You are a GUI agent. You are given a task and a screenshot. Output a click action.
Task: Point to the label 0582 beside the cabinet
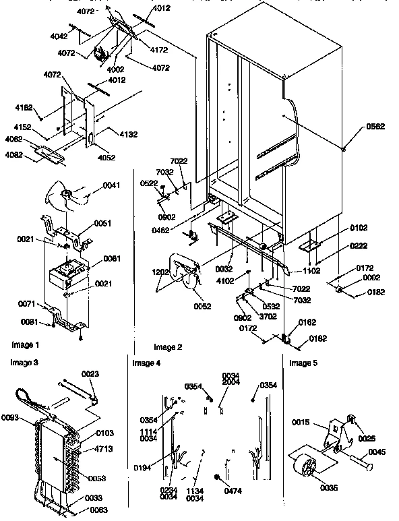pyautogui.click(x=376, y=127)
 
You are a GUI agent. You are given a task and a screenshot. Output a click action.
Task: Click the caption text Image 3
pyautogui.click(x=24, y=363)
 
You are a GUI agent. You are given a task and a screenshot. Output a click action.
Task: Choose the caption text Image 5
pyautogui.click(x=304, y=363)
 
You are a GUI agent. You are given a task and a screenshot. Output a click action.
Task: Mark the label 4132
pyautogui.click(x=128, y=135)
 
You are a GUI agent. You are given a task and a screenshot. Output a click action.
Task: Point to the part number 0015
pyautogui.click(x=301, y=423)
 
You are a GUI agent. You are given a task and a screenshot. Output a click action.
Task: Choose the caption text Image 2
pyautogui.click(x=168, y=348)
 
